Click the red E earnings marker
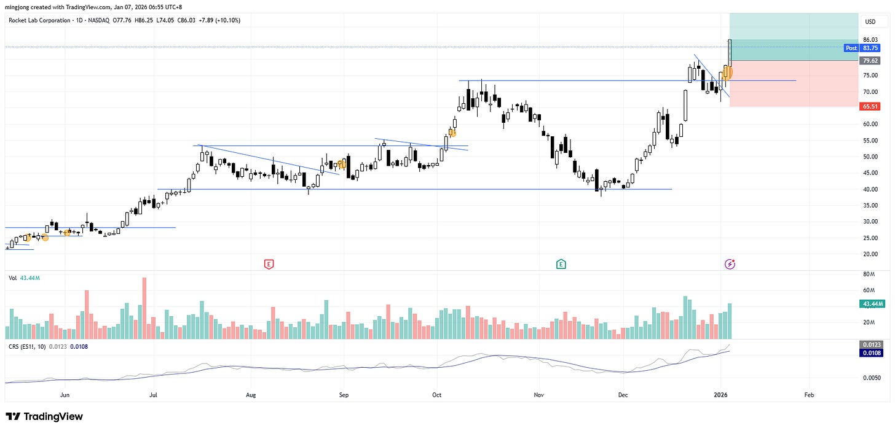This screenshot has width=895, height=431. (x=268, y=264)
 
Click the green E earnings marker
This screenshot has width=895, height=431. (x=561, y=264)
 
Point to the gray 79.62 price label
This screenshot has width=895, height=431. (x=870, y=61)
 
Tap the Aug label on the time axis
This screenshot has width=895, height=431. (x=250, y=395)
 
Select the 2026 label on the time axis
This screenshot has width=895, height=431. (x=720, y=395)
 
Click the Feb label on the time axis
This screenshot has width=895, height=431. (x=809, y=395)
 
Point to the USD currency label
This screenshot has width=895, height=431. (x=870, y=21)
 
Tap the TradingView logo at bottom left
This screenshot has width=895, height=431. (x=44, y=416)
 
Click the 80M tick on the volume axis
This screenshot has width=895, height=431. (x=869, y=274)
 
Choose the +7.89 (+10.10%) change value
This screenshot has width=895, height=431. (x=219, y=20)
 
